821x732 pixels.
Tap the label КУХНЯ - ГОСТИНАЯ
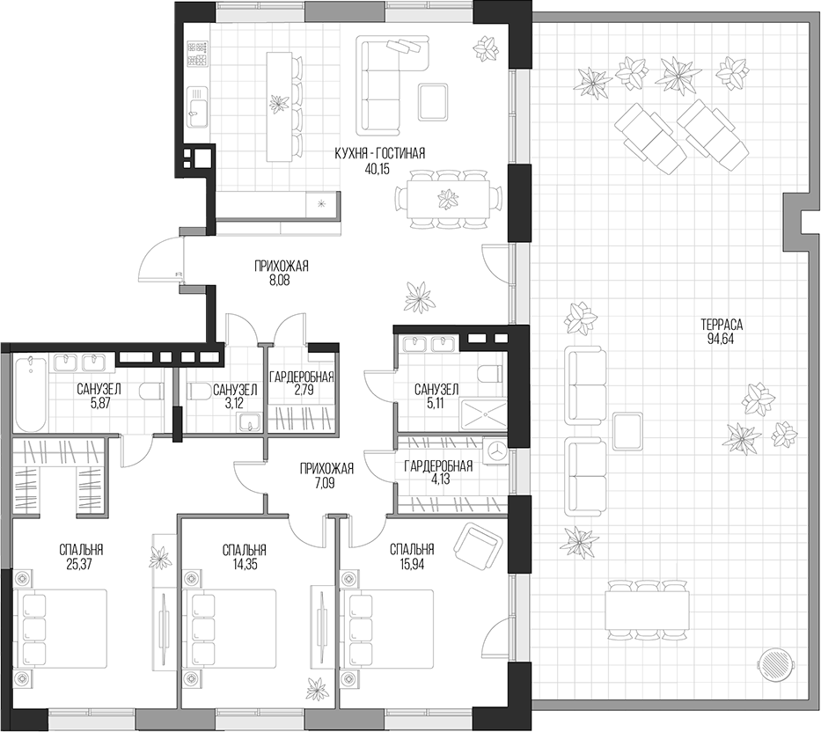(379, 153)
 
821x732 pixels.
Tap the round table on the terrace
(775, 662)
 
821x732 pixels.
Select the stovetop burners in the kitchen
(196, 58)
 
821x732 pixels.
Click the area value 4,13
(438, 481)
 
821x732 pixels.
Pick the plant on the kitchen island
(279, 103)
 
